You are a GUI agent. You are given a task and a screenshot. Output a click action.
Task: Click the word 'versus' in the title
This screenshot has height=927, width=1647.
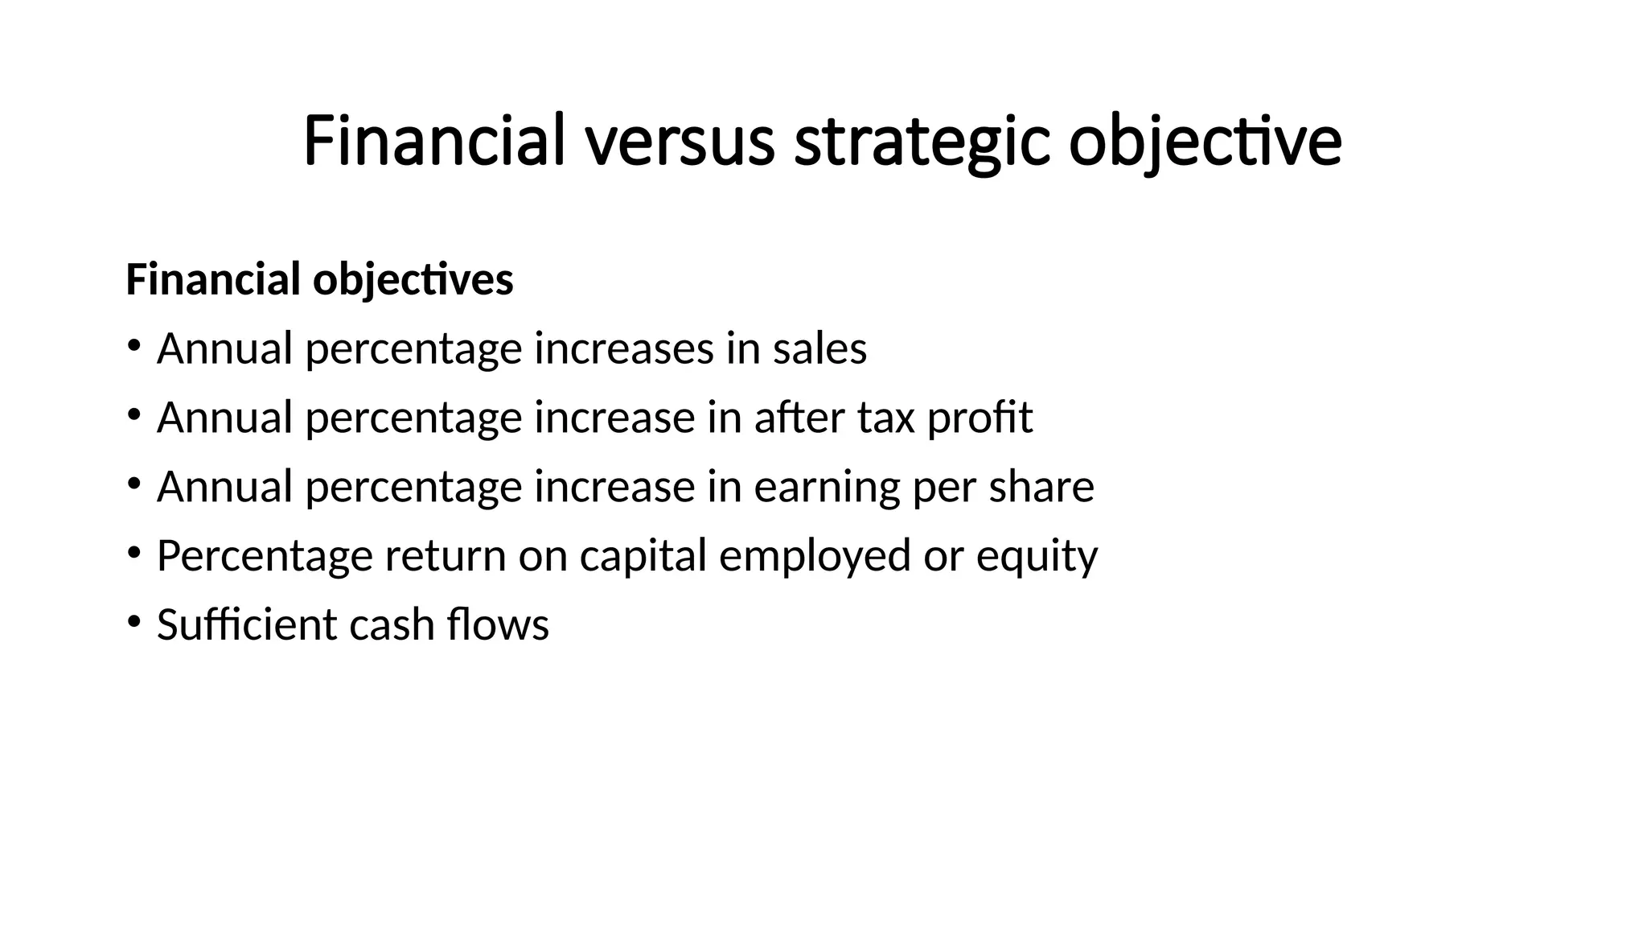pos(680,142)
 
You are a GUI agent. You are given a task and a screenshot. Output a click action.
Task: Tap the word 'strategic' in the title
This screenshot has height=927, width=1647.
pos(922,142)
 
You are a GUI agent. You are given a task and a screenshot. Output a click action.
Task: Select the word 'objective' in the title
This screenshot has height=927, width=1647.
pos(1205,142)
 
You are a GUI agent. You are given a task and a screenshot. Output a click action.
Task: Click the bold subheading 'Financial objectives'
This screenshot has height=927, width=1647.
pos(319,280)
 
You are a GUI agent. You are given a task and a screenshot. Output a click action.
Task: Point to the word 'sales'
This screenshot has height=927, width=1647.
pos(819,349)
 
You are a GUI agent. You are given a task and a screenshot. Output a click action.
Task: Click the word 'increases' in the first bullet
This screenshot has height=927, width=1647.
pos(624,349)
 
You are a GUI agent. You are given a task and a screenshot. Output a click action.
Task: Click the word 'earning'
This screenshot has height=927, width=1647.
pos(828,487)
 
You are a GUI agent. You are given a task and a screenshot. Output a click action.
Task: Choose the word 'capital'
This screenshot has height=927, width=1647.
pos(643,556)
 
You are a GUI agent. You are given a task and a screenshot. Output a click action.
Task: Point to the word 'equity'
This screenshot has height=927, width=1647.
pos(1037,556)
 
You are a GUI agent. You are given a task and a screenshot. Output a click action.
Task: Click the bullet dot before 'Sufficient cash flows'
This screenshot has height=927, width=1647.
pos(133,621)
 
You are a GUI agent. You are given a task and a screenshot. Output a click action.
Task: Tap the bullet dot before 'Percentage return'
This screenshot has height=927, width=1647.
pos(133,552)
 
